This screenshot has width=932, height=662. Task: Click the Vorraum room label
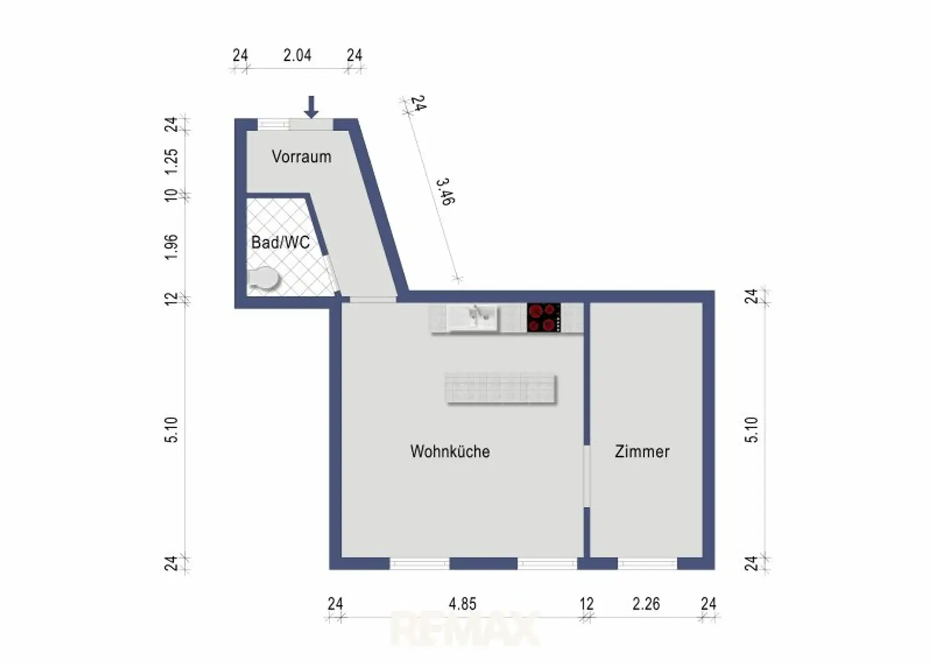click(x=301, y=157)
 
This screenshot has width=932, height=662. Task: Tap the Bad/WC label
click(x=280, y=242)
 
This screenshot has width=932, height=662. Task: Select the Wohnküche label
click(x=450, y=451)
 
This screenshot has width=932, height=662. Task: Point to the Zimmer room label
click(x=642, y=451)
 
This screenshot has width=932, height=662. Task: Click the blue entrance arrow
click(x=311, y=107)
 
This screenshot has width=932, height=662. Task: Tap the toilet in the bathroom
click(x=263, y=279)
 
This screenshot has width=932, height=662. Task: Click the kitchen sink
click(x=473, y=319)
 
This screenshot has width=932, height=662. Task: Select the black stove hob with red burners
click(x=544, y=317)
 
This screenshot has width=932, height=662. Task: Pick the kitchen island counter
click(x=501, y=388)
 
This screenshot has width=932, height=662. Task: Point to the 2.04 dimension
click(x=297, y=55)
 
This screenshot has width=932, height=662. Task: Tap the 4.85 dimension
click(x=462, y=604)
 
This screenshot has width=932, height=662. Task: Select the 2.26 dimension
click(x=646, y=604)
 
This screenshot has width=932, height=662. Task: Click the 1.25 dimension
click(x=171, y=162)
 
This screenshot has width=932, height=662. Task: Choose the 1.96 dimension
click(x=171, y=247)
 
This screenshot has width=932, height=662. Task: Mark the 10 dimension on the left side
click(x=171, y=195)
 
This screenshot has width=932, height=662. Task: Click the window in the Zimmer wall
click(x=647, y=563)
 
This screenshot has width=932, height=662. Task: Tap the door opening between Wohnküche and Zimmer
click(x=587, y=476)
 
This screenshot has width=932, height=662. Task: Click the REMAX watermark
click(x=464, y=629)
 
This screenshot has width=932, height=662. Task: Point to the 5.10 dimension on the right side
click(x=752, y=430)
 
